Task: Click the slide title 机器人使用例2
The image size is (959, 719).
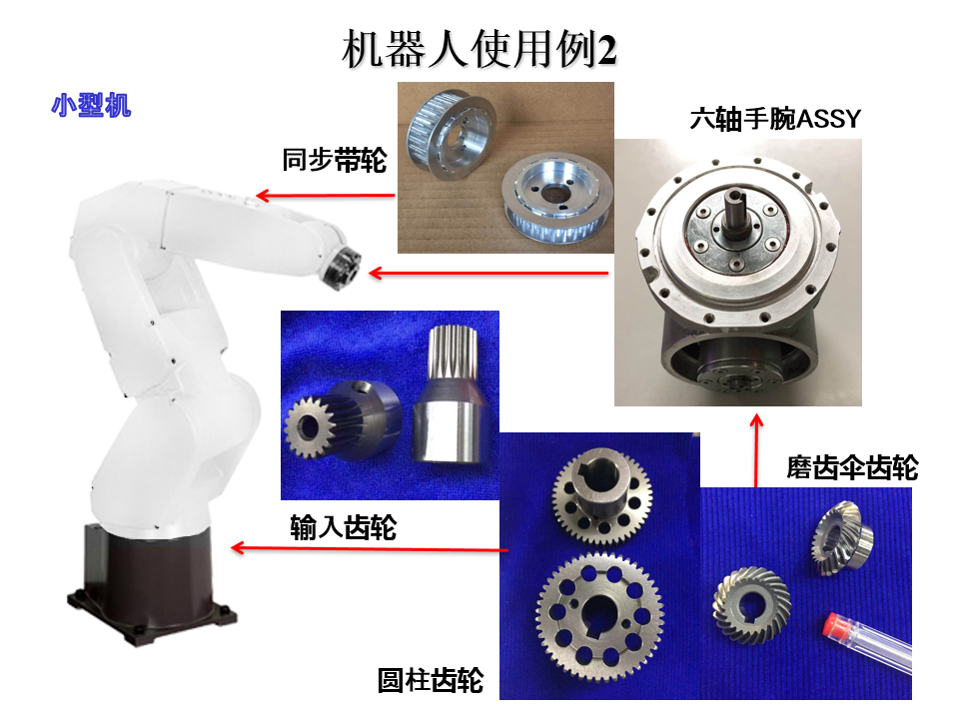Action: point(479,49)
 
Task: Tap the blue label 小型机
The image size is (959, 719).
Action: point(91,105)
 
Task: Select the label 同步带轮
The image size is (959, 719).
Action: point(334,160)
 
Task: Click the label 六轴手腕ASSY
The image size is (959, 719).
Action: point(775,119)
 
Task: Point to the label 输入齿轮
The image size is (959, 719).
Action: point(343,527)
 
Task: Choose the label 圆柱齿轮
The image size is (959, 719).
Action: point(431,680)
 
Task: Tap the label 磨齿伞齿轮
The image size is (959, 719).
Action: point(852,467)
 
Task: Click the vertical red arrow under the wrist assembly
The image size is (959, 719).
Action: point(756,450)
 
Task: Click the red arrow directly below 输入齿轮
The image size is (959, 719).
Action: point(370,548)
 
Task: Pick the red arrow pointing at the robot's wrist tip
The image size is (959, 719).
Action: point(488,273)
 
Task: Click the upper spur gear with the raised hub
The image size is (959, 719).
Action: point(601,495)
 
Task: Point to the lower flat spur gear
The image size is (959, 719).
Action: point(600,616)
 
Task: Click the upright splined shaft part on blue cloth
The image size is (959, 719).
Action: point(450,393)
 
